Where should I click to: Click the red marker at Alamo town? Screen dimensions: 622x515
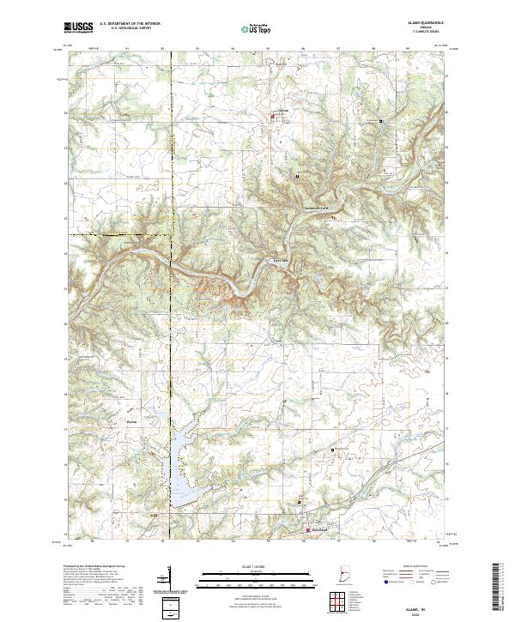coord(274,116)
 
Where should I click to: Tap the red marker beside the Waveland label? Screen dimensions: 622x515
coord(308,533)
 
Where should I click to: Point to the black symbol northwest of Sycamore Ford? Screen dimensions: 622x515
coord(297,176)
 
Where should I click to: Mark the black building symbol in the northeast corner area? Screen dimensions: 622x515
coord(380,122)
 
